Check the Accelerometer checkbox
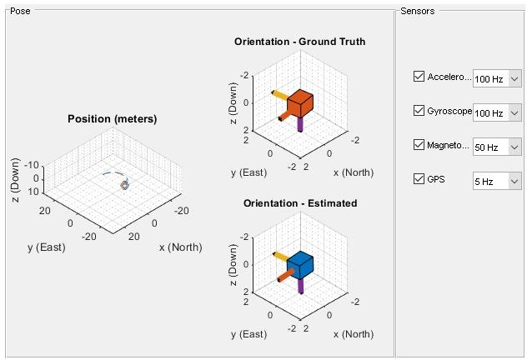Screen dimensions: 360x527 [419, 77]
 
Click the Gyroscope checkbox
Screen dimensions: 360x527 [419, 111]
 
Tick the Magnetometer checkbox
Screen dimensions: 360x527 [419, 145]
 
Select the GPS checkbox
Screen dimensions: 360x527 [419, 178]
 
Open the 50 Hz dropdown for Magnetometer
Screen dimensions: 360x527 [497, 147]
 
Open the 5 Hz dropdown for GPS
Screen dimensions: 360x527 [497, 181]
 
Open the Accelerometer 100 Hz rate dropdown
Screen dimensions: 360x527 [497, 79]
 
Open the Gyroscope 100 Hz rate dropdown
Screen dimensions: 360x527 [497, 112]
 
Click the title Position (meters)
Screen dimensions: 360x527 [112, 119]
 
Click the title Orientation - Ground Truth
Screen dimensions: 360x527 [299, 42]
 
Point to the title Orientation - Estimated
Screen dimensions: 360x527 [299, 202]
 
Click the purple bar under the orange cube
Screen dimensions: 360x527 [300, 125]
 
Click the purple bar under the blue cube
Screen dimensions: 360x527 [300, 285]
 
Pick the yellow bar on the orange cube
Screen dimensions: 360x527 [279, 94]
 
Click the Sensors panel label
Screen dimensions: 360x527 [416, 11]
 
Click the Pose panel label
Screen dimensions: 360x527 [18, 11]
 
